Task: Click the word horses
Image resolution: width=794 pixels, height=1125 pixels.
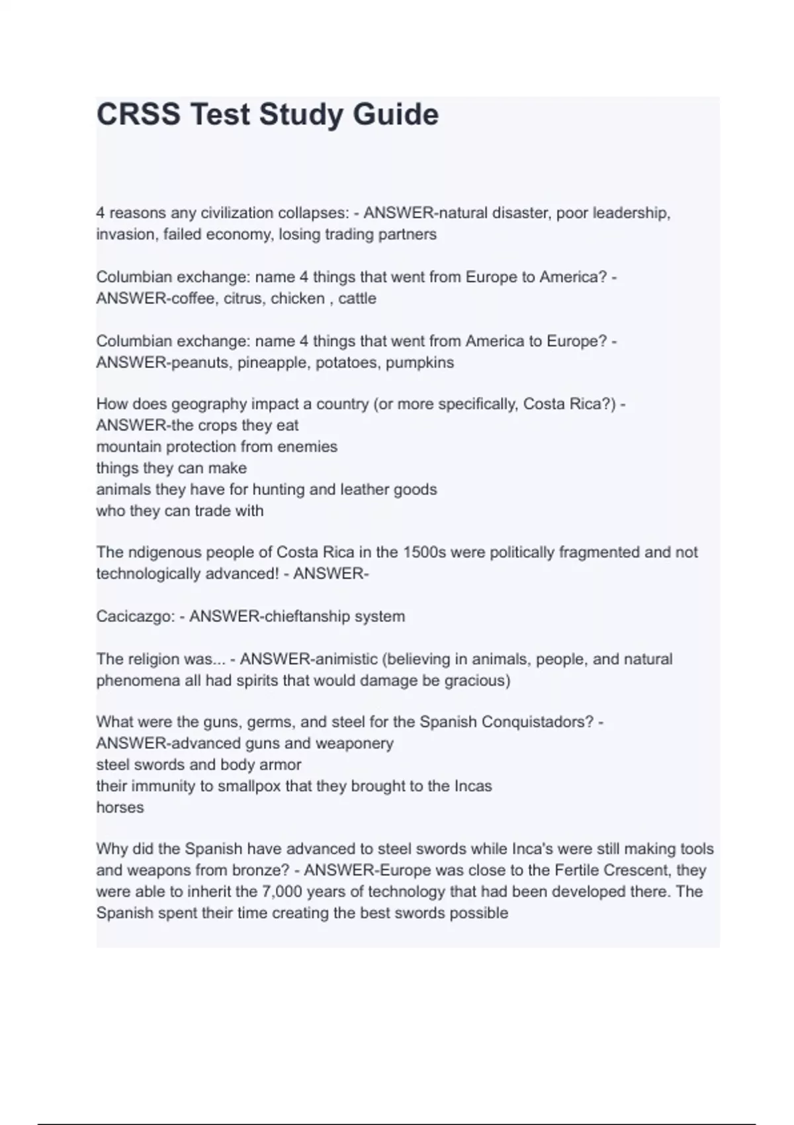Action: (x=120, y=807)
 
